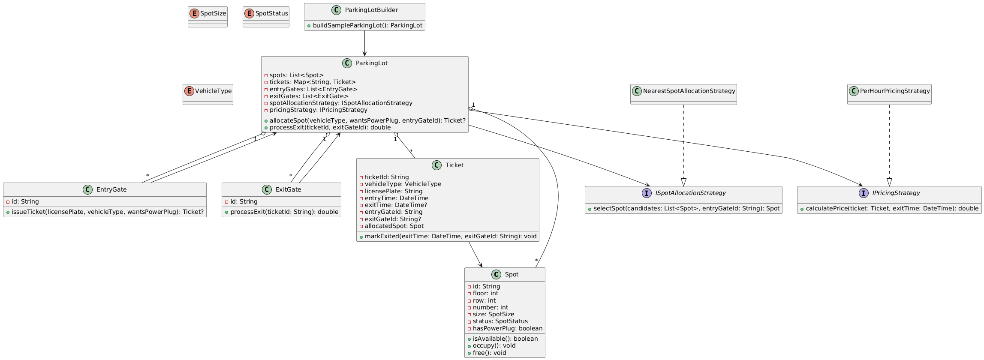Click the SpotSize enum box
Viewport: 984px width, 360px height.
click(208, 17)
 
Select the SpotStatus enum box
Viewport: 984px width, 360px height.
click(266, 17)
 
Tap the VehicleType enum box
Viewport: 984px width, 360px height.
click(208, 94)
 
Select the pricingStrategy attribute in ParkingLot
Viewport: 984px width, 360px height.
click(316, 110)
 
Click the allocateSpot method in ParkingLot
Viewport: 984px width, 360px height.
click(367, 120)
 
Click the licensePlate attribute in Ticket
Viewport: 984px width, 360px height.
click(393, 191)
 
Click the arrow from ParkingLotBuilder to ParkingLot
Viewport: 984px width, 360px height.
click(364, 44)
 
